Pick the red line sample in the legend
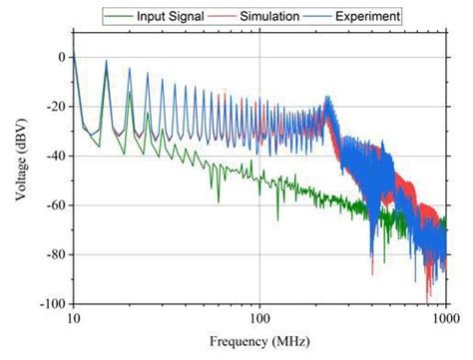click(219, 16)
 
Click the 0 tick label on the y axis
click(59, 57)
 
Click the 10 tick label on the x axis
click(73, 317)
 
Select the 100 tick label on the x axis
click(259, 317)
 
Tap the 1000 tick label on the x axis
click(444, 317)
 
